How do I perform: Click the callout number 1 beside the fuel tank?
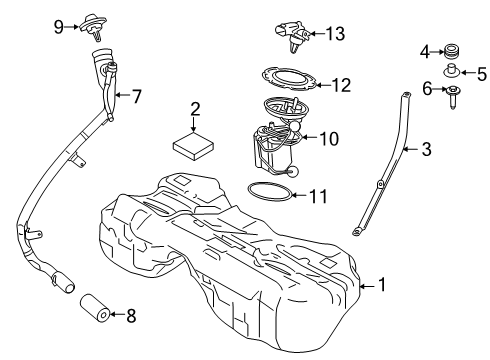click(380, 285)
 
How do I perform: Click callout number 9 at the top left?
click(58, 24)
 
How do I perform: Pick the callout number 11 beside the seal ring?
click(318, 197)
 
